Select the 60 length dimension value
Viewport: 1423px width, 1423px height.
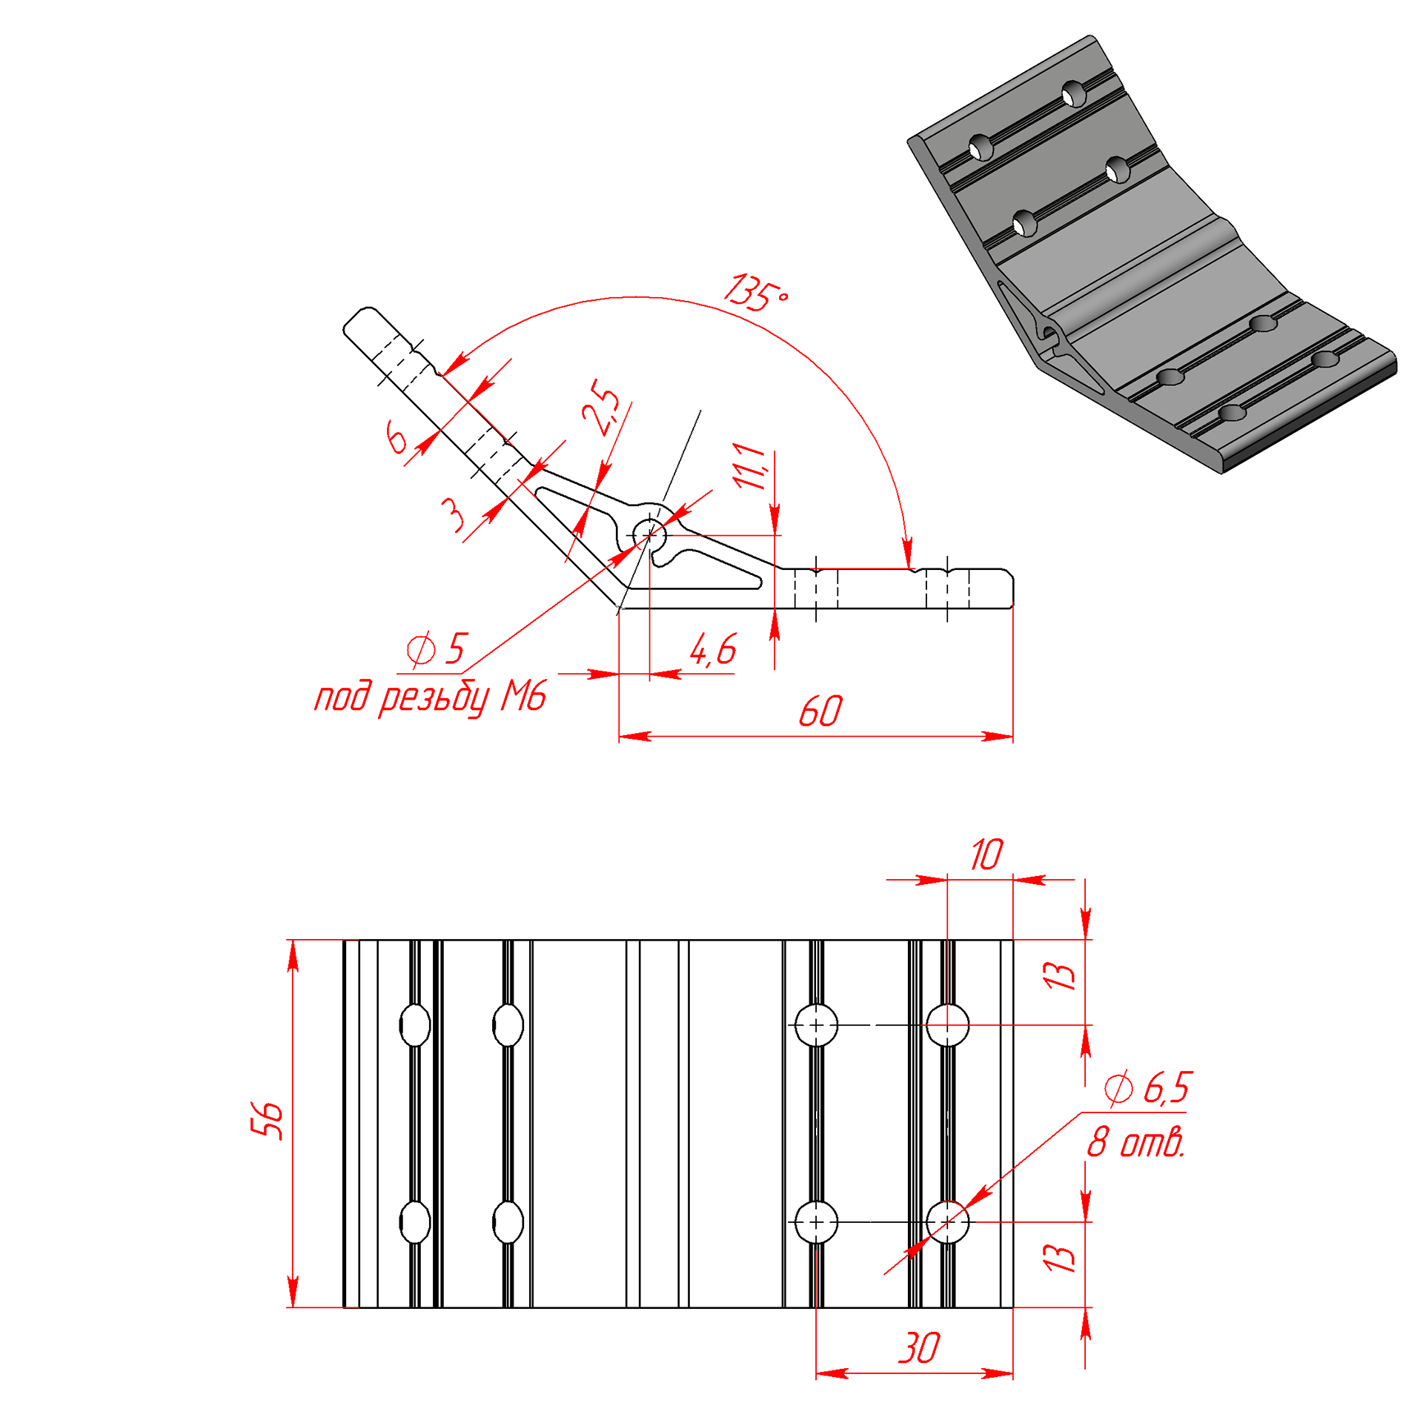coord(820,711)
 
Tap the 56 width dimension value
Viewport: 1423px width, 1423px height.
coord(266,1121)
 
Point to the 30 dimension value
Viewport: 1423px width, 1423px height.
coord(918,1348)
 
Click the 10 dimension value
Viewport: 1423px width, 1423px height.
coord(986,855)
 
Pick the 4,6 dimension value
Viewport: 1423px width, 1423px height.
coord(712,650)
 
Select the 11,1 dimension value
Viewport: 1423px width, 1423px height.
coord(749,466)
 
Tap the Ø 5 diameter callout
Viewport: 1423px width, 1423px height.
coord(437,649)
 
